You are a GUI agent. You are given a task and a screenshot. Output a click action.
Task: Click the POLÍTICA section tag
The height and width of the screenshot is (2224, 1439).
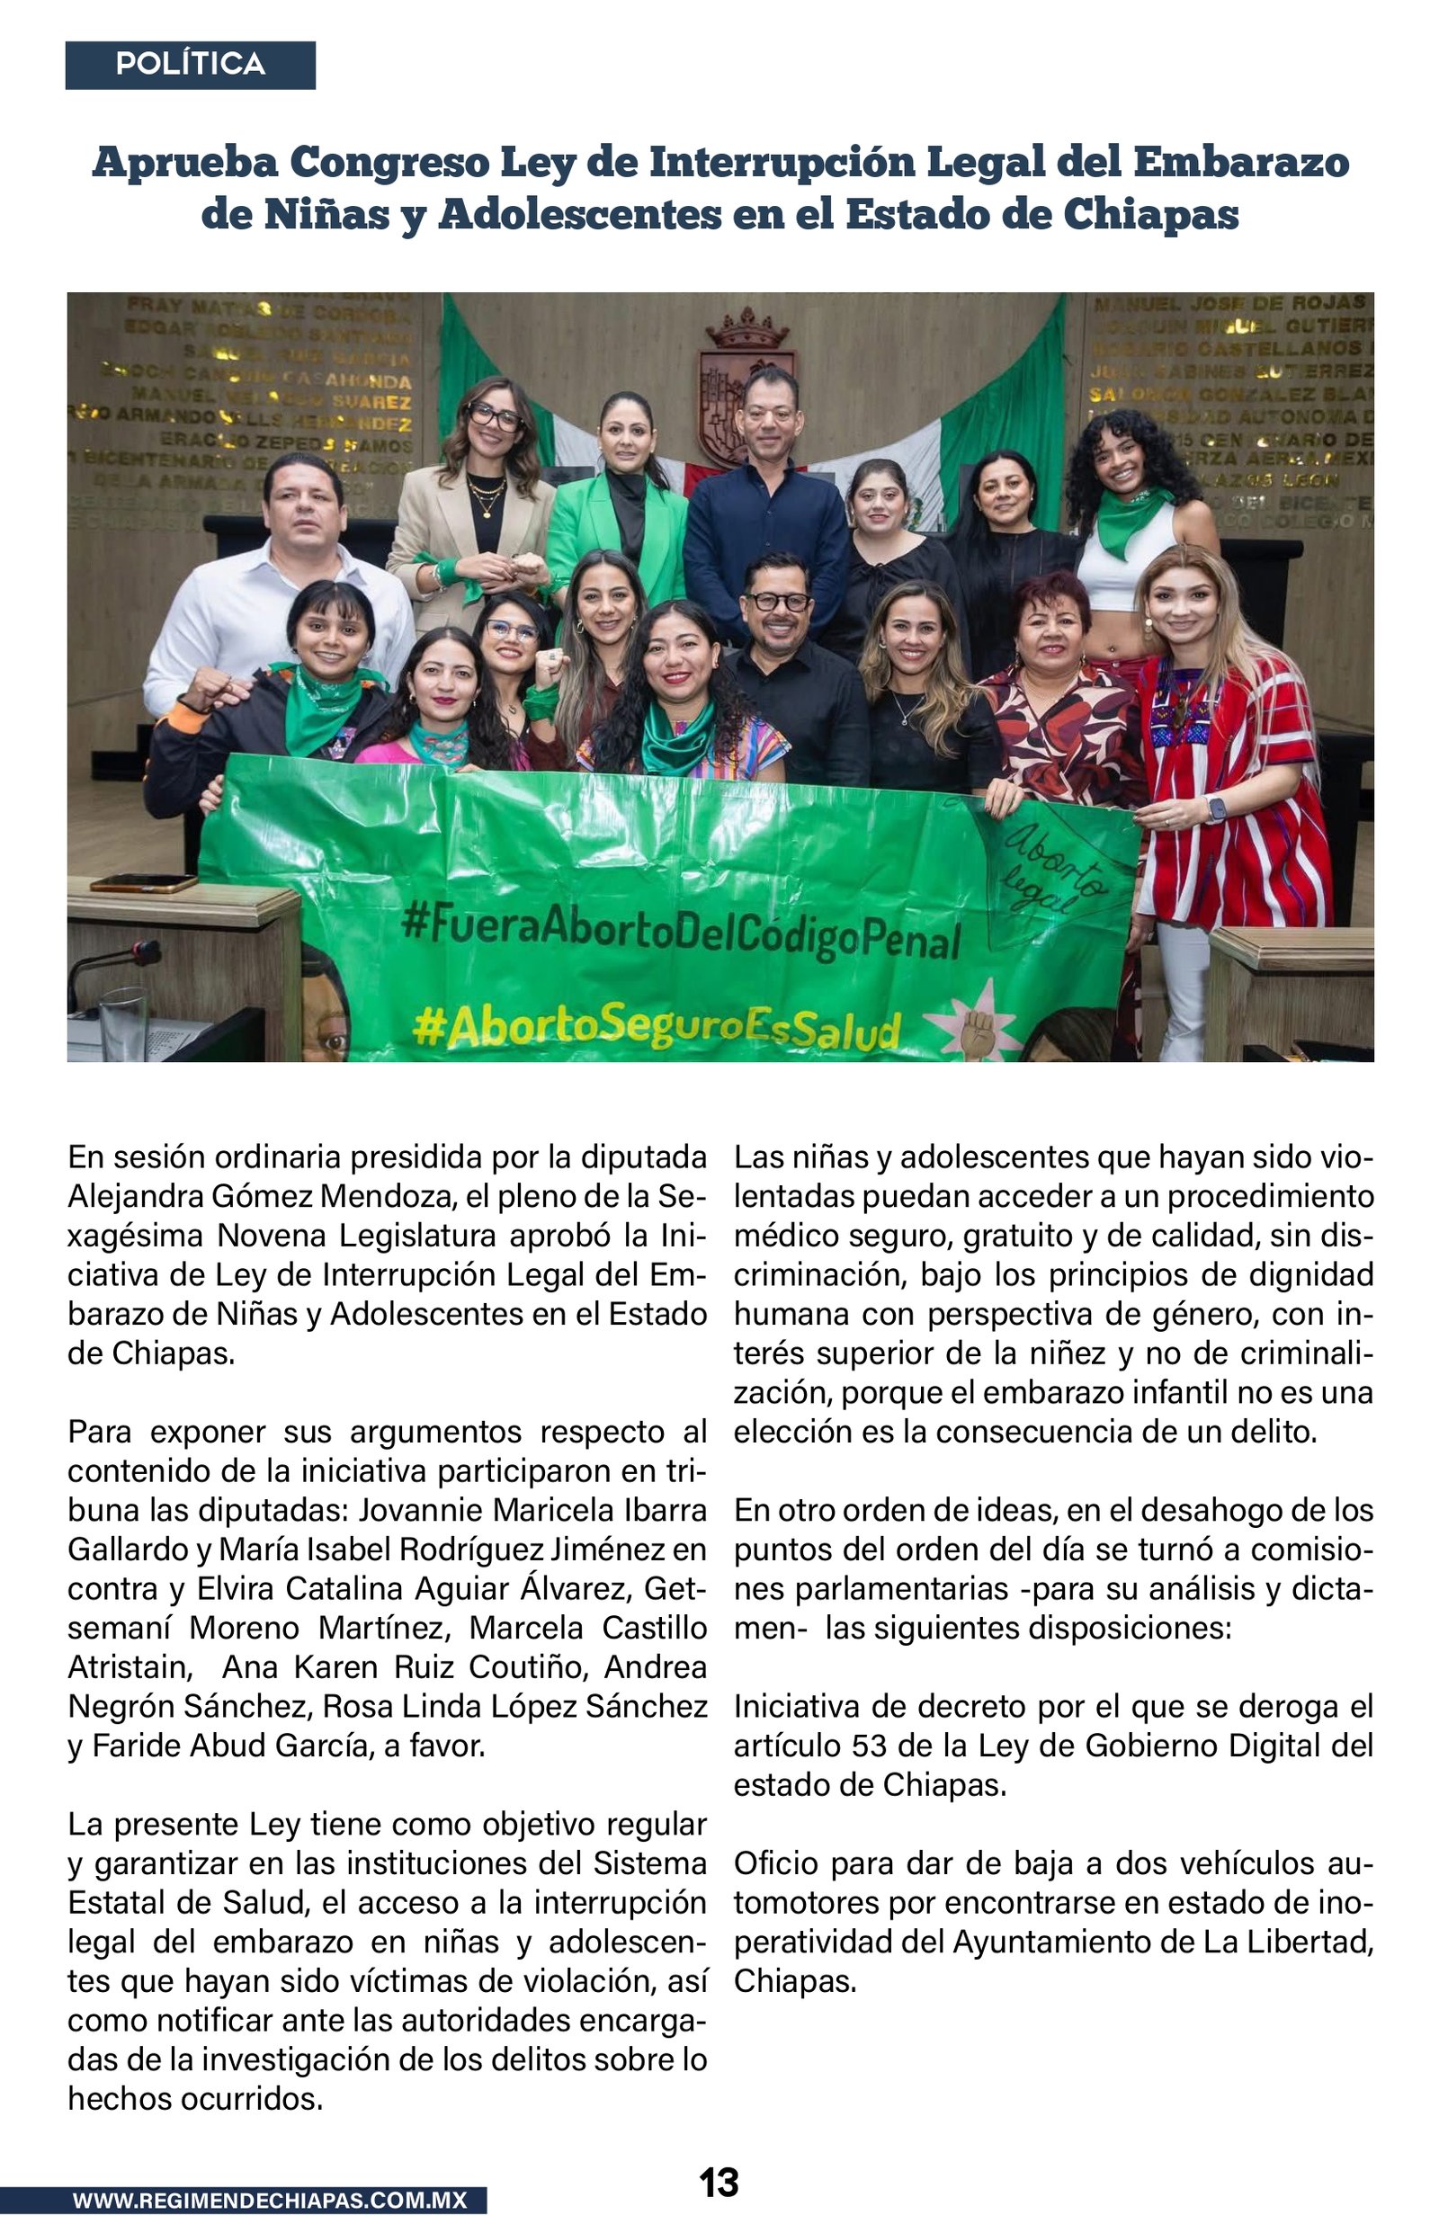(x=190, y=65)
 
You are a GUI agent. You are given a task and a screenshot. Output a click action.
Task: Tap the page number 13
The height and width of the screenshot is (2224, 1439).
(x=719, y=2182)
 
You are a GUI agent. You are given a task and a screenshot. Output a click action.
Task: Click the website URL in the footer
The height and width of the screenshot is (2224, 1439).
(x=269, y=2200)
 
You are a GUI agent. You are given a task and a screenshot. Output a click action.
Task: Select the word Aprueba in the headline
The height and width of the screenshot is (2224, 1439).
(x=185, y=163)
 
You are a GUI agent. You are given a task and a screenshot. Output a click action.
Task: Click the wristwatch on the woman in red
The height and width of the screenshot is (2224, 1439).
(x=1216, y=808)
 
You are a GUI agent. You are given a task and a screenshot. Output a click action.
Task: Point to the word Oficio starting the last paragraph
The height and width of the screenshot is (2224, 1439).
(x=776, y=1862)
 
